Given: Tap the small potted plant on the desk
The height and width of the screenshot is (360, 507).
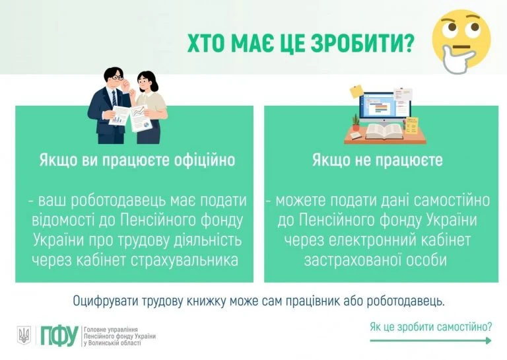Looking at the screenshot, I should (x=356, y=121).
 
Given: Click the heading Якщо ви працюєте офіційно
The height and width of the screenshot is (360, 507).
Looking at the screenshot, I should (x=137, y=161).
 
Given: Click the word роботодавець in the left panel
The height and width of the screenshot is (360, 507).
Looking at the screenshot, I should (x=123, y=200).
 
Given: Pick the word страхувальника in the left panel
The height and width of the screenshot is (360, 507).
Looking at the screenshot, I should (x=193, y=260).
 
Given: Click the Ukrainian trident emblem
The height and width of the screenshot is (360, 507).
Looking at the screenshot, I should (x=24, y=336).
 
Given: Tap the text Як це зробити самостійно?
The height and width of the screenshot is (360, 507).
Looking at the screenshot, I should (x=431, y=326).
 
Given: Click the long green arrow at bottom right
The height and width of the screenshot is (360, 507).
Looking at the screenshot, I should (x=431, y=341).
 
